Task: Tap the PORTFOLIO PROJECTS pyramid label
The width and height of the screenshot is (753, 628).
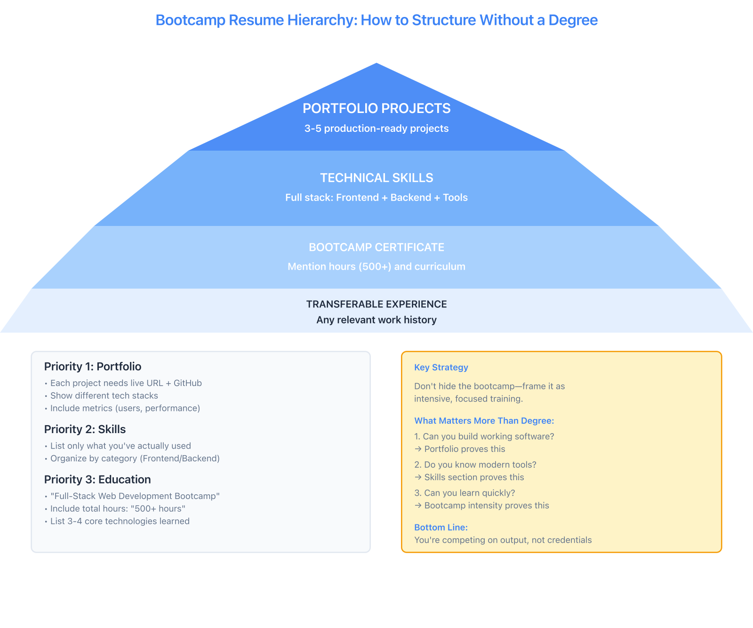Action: coord(376,109)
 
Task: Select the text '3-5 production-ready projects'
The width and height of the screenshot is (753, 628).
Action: coord(376,129)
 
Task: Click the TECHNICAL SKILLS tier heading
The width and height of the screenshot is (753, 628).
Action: coord(376,178)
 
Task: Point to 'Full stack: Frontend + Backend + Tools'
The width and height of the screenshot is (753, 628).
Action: coord(376,198)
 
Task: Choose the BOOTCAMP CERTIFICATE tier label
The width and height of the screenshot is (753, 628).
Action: coord(376,248)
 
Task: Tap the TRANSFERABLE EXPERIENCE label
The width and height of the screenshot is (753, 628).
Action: coord(376,305)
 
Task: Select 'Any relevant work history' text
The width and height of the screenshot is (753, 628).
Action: coord(376,320)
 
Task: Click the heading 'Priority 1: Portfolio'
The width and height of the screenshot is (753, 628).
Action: coord(93,367)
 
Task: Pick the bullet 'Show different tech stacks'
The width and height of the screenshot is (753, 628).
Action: coord(104,396)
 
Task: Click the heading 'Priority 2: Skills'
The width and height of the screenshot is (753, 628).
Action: coord(85,429)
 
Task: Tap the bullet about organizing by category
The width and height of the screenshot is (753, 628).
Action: coord(135,459)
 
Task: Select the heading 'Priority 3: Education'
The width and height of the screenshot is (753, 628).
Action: coord(97,480)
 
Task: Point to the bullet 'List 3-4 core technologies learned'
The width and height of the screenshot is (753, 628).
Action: coord(120,521)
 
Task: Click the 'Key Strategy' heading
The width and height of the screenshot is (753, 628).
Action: coord(441,368)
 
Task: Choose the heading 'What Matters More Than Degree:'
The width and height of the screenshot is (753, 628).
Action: coord(484,421)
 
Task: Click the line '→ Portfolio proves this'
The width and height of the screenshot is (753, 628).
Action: coord(460,449)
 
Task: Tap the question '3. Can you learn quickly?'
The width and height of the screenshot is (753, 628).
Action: coord(465,493)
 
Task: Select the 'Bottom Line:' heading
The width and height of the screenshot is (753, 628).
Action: coord(441,527)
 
